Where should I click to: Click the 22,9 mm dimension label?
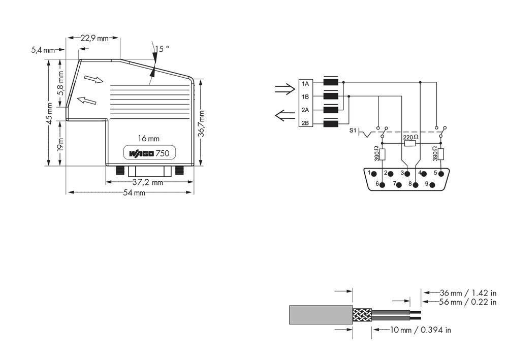coord(96,38)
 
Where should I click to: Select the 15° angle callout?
coord(162,49)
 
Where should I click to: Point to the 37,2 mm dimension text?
coord(147,182)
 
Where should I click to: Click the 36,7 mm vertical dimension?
coord(202,123)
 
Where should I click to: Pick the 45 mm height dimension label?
coord(49,113)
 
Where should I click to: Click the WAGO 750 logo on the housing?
coord(149,153)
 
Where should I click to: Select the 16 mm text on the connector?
coord(149,138)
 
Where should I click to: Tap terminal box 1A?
coord(305,83)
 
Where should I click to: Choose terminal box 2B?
coord(305,123)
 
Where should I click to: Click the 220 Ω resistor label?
coord(410,137)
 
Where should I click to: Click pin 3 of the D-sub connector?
coord(406,174)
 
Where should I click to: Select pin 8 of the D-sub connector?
coord(416,184)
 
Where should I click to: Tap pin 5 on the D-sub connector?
coord(441,174)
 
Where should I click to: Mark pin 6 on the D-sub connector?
coord(382,184)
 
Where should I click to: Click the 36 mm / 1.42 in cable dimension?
coord(465,293)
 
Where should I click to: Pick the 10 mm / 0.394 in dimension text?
coord(420,330)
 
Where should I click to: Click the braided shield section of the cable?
coord(362,315)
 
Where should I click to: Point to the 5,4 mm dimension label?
coord(43,50)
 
